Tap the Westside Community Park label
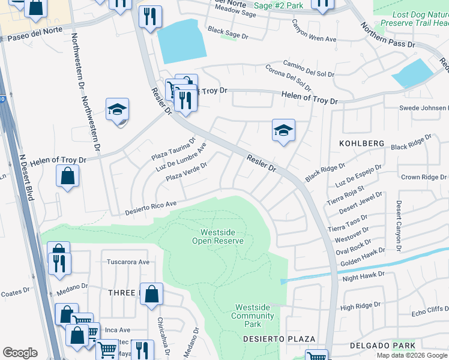pyautogui.click(x=253, y=316)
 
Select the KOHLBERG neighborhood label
pyautogui.click(x=361, y=143)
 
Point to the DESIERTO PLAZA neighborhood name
pyautogui.click(x=271, y=339)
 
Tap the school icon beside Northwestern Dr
pyautogui.click(x=118, y=110)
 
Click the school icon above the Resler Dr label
pyautogui.click(x=283, y=130)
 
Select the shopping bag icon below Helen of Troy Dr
pyautogui.click(x=68, y=176)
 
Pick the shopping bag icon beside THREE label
pyautogui.click(x=151, y=295)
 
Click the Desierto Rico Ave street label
pyautogui.click(x=151, y=208)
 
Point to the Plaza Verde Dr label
pyautogui.click(x=187, y=171)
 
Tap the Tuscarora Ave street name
pyautogui.click(x=127, y=262)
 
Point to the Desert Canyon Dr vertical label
pyautogui.click(x=398, y=226)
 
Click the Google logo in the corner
pyautogui.click(x=20, y=353)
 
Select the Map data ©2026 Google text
pyautogui.click(x=412, y=355)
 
